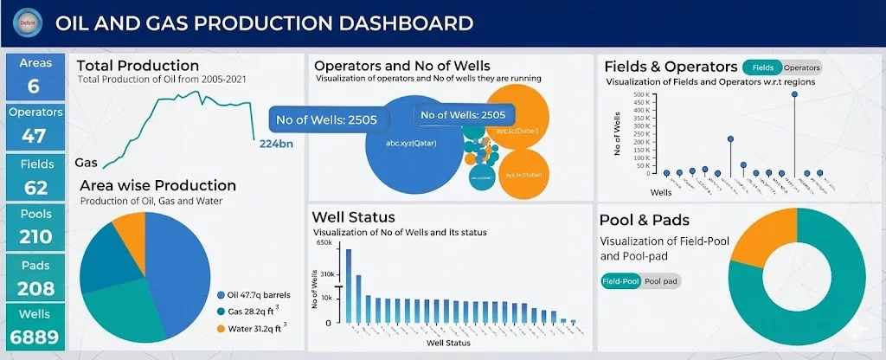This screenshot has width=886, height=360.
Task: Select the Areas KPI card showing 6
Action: coord(34,75)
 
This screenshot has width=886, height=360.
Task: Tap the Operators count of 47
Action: coord(34,136)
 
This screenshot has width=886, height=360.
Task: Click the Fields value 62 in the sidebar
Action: coord(35,187)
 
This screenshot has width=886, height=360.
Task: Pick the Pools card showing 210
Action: coord(35,236)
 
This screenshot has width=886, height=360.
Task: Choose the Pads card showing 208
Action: coord(35,288)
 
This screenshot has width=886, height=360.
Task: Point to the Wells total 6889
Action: coord(35,337)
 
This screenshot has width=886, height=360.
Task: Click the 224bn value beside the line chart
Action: coord(276,144)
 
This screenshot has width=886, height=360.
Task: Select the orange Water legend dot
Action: coord(221,328)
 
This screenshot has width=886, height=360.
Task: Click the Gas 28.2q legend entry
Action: coord(257,312)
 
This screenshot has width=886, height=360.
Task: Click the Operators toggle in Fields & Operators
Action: coord(801,67)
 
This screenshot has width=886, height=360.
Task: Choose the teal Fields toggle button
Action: coord(762,67)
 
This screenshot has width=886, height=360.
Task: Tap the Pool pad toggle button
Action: coord(661,281)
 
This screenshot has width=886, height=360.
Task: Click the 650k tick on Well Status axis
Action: coord(324,243)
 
